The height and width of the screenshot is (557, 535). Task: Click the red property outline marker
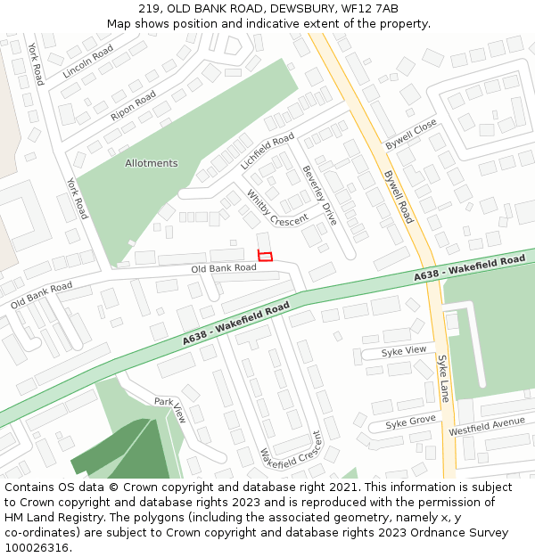click(265, 256)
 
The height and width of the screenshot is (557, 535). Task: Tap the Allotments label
click(151, 163)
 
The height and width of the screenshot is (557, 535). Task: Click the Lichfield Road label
click(267, 152)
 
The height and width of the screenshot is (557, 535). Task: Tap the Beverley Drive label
click(319, 194)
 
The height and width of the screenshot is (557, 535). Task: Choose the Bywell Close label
click(411, 134)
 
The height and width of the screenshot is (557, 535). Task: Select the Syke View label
click(404, 351)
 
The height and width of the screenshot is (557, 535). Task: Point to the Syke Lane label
click(443, 378)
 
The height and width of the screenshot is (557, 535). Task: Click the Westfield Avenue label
click(487, 425)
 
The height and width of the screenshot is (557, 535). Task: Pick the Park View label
click(169, 408)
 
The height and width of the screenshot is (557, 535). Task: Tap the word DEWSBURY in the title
click(286, 9)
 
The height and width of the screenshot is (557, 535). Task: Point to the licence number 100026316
click(36, 547)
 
